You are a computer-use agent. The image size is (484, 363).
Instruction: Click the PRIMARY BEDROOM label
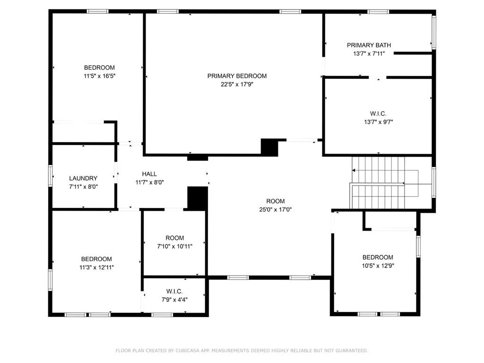pos(237,76)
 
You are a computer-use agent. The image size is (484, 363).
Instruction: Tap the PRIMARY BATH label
pos(369,45)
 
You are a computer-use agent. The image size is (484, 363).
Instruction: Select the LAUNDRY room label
pos(83,178)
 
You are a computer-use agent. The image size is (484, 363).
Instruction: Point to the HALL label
pos(149,174)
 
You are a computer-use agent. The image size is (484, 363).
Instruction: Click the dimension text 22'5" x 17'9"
pos(237,84)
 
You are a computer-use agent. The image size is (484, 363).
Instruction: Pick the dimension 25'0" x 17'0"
pos(276,209)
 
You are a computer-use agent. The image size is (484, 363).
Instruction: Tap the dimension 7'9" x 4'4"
pos(174,299)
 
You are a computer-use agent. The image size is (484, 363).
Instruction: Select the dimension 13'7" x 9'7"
pos(379,122)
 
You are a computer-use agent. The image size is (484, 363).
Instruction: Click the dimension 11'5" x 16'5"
pos(99,76)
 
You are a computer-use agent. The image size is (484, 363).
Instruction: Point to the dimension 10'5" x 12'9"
pos(378,266)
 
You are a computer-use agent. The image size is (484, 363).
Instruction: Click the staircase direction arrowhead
pos(354,170)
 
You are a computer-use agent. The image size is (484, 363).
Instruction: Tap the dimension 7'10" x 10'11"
pos(175,246)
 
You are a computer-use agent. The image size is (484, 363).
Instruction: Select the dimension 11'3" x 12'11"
pos(96,268)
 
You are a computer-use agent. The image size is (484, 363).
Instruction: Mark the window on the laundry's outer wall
pos(50,176)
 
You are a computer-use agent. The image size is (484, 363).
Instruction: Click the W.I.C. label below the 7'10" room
pos(174,291)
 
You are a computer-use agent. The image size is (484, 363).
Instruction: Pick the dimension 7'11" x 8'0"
pos(83,186)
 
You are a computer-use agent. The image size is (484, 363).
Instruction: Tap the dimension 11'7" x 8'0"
pos(149,182)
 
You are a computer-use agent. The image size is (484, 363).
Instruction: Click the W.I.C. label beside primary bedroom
pos(378,113)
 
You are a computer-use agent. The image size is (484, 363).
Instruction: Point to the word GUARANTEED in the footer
pos(352,350)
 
